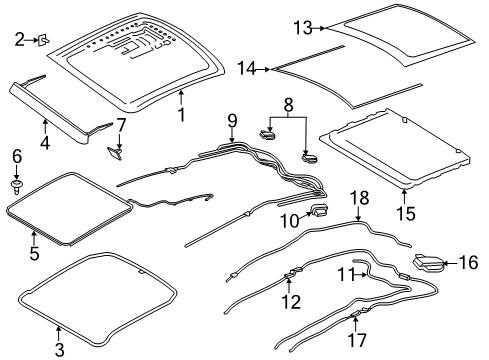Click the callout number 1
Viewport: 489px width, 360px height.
pos(181,115)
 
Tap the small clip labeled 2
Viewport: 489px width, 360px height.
pos(44,40)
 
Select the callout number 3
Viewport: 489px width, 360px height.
pos(59,350)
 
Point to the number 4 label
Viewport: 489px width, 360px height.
pos(45,143)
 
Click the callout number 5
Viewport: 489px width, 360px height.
pos(34,253)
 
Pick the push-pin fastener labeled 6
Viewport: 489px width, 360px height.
pos(16,186)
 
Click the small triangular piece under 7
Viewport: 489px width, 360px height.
pos(115,153)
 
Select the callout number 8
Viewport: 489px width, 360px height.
pos(289,105)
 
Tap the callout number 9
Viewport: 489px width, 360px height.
pos(232,121)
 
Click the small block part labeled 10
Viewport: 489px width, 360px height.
pos(319,211)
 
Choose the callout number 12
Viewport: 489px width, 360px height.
pos(291,302)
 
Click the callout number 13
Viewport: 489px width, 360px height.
pos(303,28)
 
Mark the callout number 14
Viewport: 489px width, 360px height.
pos(246,69)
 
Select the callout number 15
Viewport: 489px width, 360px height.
pos(406,213)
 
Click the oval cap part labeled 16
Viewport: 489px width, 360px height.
pos(429,262)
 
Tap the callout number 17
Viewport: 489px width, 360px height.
pos(357,340)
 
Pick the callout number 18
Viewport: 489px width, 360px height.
pos(360,198)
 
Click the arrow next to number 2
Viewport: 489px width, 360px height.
pos(32,40)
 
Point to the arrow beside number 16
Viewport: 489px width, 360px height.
pos(451,263)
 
